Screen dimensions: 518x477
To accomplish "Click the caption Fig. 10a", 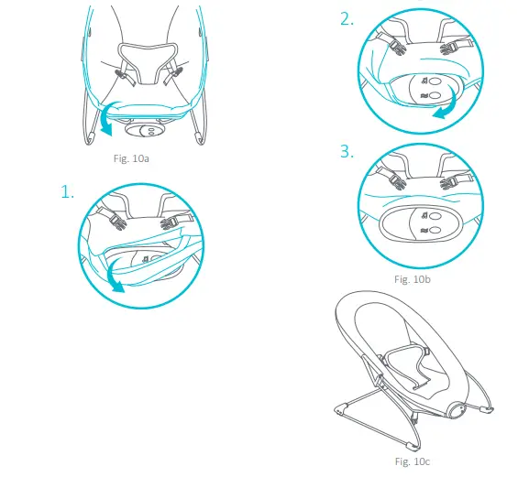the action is pos(131,158).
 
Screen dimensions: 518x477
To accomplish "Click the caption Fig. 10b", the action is pos(413,279).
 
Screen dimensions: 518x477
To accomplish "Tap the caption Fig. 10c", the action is pos(413,461).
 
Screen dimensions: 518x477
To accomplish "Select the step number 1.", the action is pos(68,191).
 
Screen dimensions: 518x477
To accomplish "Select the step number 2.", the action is pos(347,19).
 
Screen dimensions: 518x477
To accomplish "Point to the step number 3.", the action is pos(347,151).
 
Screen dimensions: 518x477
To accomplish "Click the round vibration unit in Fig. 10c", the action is pos(457,410).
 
